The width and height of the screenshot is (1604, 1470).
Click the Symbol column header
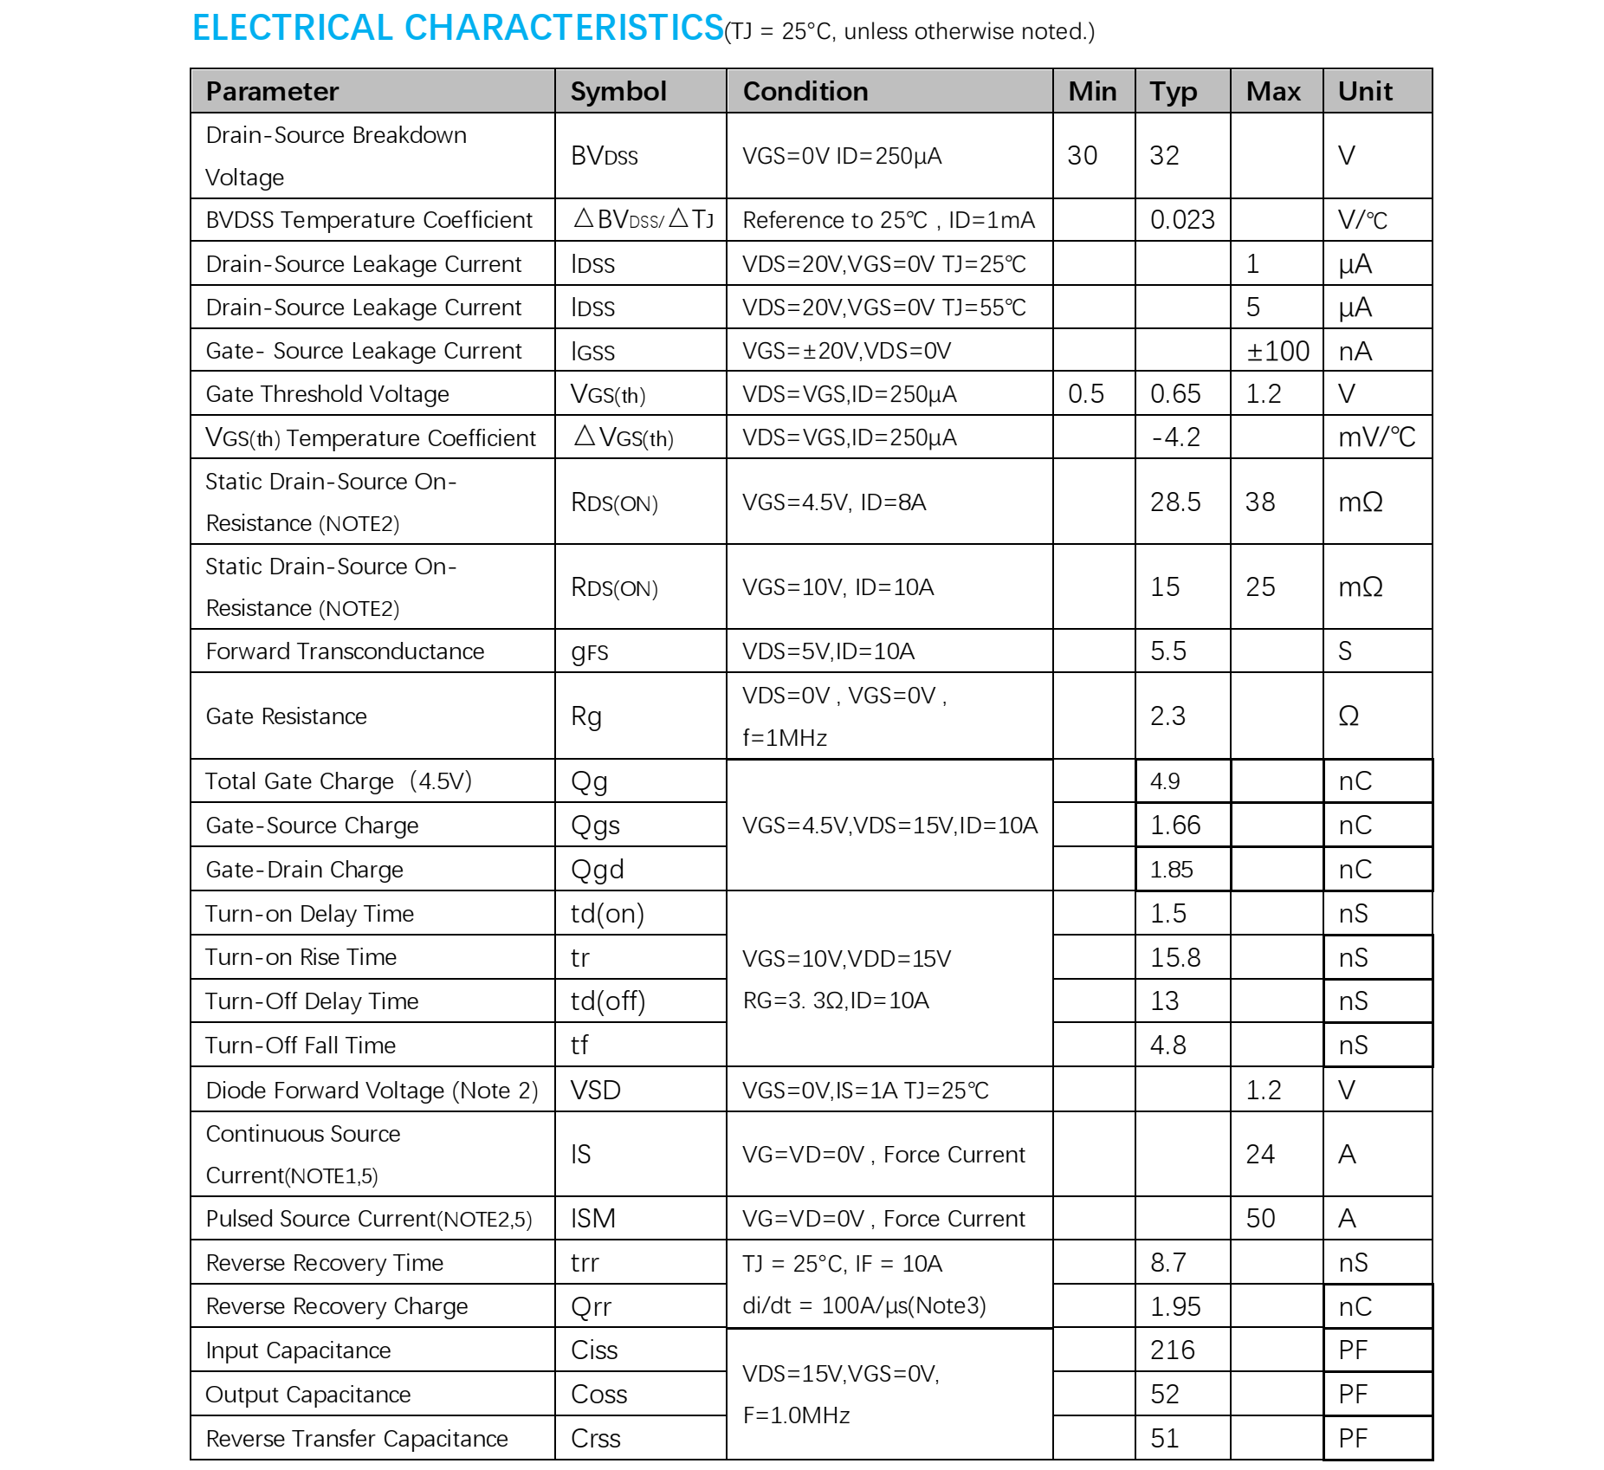[x=618, y=91]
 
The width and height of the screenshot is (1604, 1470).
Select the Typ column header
[x=1174, y=91]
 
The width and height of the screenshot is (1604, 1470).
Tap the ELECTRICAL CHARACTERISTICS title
[x=457, y=28]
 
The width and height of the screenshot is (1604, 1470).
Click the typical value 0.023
[x=1182, y=220]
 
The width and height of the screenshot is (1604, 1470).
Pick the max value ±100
[x=1277, y=351]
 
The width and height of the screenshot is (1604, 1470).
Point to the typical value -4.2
[x=1176, y=437]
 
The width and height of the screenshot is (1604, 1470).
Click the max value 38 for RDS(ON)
[x=1260, y=502]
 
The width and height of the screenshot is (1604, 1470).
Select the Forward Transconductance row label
[x=345, y=651]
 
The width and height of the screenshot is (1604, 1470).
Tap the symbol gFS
[x=590, y=652]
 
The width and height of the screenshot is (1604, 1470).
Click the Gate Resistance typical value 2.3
[x=1167, y=716]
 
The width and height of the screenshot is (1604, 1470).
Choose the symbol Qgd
[x=597, y=870]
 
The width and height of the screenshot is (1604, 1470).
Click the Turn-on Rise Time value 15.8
[x=1175, y=957]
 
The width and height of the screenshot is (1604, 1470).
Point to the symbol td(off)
[x=608, y=1001]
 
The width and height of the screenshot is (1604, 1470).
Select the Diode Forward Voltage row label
[x=372, y=1091]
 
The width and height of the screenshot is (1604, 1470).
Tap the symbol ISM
[x=593, y=1219]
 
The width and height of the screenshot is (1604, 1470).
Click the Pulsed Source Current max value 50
[x=1260, y=1219]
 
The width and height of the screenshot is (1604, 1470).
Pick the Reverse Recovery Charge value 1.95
[x=1175, y=1306]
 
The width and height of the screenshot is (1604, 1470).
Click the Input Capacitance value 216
[x=1173, y=1350]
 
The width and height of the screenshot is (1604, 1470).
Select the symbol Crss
[x=596, y=1439]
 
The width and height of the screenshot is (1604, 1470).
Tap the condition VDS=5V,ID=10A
[x=828, y=651]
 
